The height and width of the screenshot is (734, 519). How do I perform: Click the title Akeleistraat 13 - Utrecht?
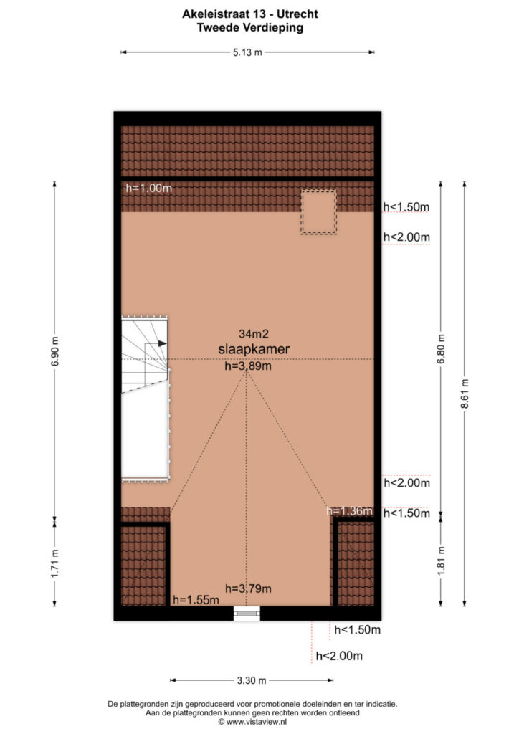250,14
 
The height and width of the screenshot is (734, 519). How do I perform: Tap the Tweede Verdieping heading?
250,28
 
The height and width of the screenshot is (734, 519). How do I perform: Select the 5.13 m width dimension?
247,52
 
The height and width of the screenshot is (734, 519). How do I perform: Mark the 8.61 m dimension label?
465,394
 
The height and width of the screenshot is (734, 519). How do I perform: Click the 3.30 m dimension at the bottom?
252,680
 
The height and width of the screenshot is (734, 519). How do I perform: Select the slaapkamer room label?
254,349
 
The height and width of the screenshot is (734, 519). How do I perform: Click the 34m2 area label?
254,334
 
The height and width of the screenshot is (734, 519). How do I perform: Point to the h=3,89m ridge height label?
248,366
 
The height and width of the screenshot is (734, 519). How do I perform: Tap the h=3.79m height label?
248,588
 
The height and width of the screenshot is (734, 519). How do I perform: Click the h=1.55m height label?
196,600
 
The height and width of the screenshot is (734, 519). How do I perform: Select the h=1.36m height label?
350,510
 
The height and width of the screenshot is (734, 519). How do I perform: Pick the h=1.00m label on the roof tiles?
149,189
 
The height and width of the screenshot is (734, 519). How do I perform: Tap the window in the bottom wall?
247,613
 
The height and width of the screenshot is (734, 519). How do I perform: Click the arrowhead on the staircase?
163,343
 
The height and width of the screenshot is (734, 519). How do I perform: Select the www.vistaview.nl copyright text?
252,722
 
